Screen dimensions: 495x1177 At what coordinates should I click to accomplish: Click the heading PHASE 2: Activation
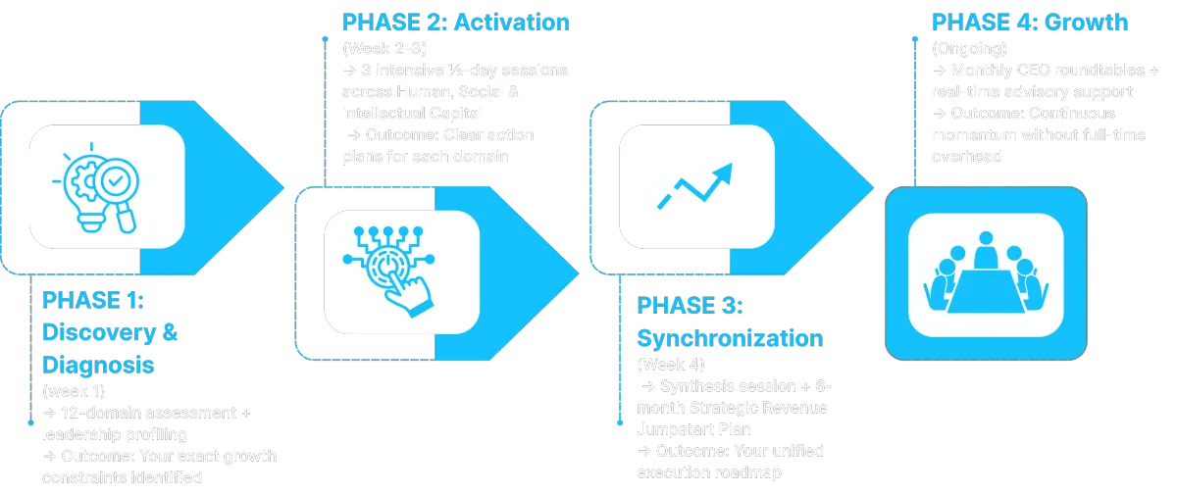pyautogui.click(x=457, y=23)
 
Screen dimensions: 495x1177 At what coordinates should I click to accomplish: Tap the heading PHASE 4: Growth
pyautogui.click(x=1030, y=23)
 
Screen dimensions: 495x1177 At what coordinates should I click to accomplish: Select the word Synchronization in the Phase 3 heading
pyautogui.click(x=730, y=338)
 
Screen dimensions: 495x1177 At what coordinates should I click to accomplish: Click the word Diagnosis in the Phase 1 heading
pyautogui.click(x=98, y=365)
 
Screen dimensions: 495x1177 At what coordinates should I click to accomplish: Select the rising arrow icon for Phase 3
pyautogui.click(x=695, y=185)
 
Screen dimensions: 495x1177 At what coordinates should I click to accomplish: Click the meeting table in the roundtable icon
pyautogui.click(x=985, y=284)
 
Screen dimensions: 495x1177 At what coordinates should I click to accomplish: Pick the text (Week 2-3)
pyautogui.click(x=384, y=48)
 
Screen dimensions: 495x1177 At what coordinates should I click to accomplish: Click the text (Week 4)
pyautogui.click(x=670, y=365)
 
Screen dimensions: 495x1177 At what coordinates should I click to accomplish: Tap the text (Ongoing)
pyautogui.click(x=969, y=48)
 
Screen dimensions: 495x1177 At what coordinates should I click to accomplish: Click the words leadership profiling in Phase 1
pyautogui.click(x=114, y=434)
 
